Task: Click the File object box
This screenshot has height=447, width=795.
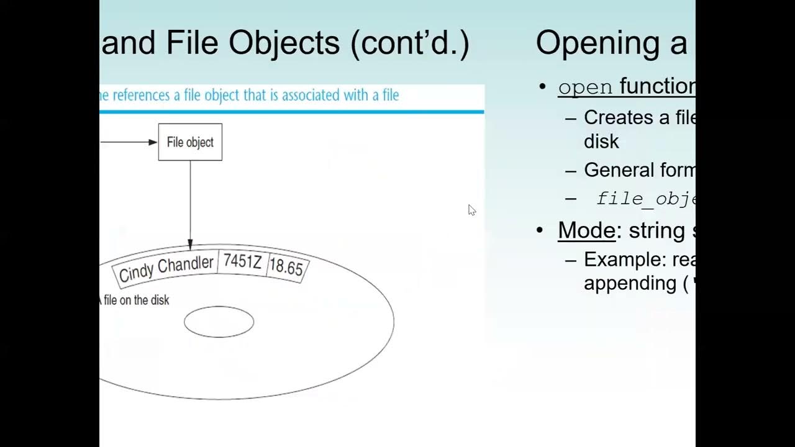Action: click(x=190, y=142)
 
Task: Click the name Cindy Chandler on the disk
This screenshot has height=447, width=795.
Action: click(x=166, y=268)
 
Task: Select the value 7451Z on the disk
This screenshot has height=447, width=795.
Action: click(x=242, y=262)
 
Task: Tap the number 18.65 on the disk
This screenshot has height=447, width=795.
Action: click(x=286, y=268)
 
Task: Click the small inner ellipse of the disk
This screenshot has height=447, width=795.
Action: click(x=219, y=322)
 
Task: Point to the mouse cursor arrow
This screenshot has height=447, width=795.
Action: click(x=471, y=209)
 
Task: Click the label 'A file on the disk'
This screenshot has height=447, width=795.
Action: click(x=134, y=300)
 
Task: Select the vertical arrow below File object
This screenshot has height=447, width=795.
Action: click(x=190, y=205)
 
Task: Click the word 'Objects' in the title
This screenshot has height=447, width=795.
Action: click(x=284, y=43)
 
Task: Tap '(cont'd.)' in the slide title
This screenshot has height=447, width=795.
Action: click(x=410, y=43)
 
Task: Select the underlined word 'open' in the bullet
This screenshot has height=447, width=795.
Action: click(x=585, y=87)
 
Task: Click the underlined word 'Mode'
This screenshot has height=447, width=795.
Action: click(x=586, y=230)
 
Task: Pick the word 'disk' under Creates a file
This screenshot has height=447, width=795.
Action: click(x=601, y=142)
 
